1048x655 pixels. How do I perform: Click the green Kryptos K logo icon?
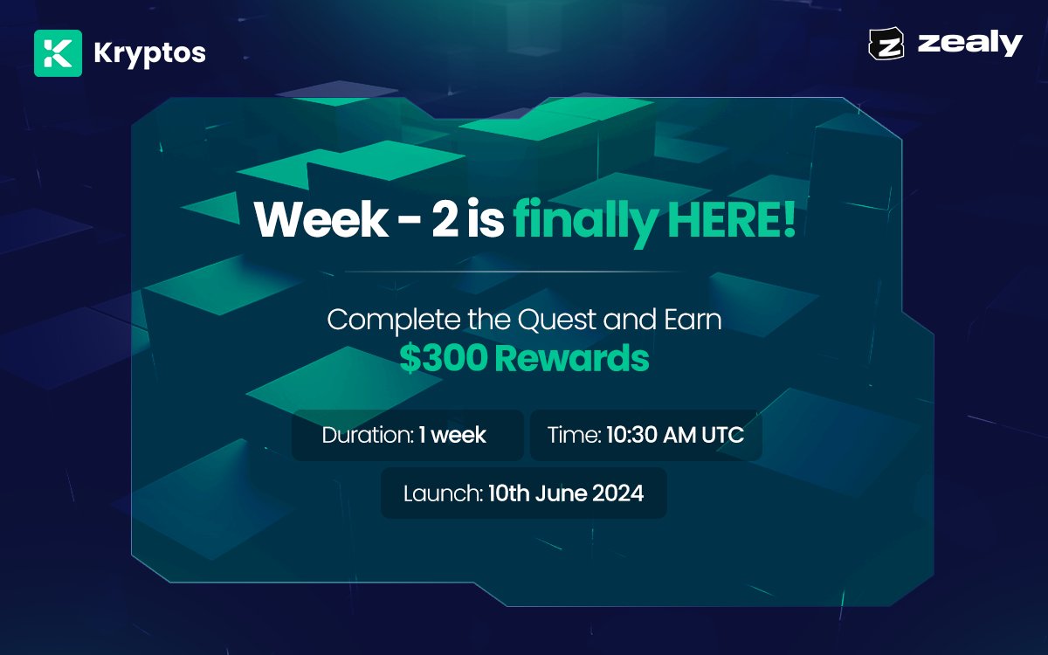[58, 53]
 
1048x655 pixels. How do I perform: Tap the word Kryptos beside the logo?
[149, 53]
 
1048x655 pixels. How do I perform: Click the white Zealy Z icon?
[887, 45]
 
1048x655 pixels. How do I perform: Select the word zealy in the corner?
[969, 43]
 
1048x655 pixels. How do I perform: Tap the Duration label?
[366, 435]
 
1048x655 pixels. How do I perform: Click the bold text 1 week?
[452, 435]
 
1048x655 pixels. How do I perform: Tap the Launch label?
[442, 493]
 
